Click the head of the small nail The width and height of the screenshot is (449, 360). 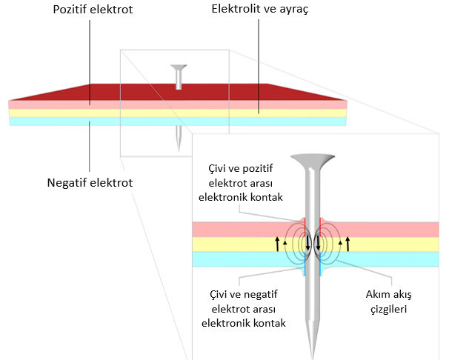click(x=178, y=68)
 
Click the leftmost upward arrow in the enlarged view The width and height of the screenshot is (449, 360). click(x=278, y=242)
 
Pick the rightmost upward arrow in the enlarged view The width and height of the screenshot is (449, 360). click(x=347, y=242)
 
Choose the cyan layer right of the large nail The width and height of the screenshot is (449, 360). click(x=385, y=259)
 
